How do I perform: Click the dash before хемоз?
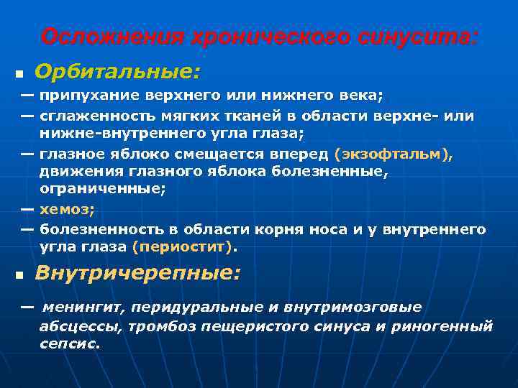[x=27, y=209]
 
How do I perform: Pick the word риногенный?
[x=451, y=326]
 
